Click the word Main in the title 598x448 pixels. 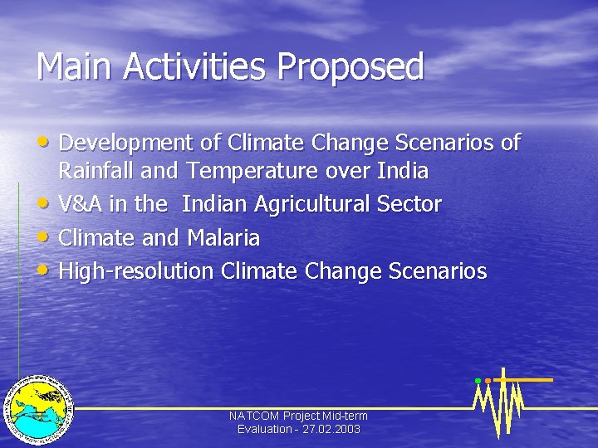(x=74, y=67)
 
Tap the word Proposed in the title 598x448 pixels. (x=351, y=67)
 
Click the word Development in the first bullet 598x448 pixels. (x=128, y=144)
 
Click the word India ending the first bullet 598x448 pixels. (x=401, y=172)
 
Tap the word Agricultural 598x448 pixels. (x=317, y=205)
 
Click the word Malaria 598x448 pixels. (x=223, y=238)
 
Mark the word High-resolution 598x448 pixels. (x=136, y=272)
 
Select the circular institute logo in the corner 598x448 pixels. (x=39, y=407)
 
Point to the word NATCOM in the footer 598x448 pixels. (x=254, y=416)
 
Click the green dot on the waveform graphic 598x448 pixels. (x=478, y=381)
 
